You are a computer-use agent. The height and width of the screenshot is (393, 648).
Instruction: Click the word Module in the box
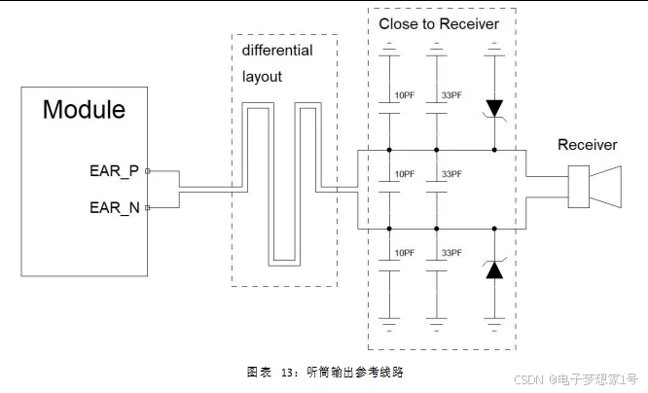click(x=84, y=109)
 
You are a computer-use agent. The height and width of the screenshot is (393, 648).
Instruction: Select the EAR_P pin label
click(x=115, y=172)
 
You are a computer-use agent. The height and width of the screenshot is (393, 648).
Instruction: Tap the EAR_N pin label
click(x=115, y=207)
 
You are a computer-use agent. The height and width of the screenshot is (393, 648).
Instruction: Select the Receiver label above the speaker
click(x=587, y=145)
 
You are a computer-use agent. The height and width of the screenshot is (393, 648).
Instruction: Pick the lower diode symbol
click(x=494, y=269)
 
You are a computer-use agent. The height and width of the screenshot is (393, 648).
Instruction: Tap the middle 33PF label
click(x=451, y=174)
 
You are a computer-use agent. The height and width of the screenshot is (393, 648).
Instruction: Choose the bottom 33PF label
click(x=451, y=253)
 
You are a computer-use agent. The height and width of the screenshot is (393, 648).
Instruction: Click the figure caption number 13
click(x=288, y=372)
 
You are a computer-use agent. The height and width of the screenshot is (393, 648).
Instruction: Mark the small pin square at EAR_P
click(x=147, y=171)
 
